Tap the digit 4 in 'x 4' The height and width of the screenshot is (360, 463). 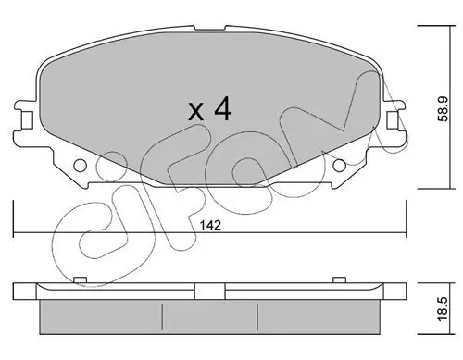pos(222,109)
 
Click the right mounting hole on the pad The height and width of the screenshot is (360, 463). pos(340,167)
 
